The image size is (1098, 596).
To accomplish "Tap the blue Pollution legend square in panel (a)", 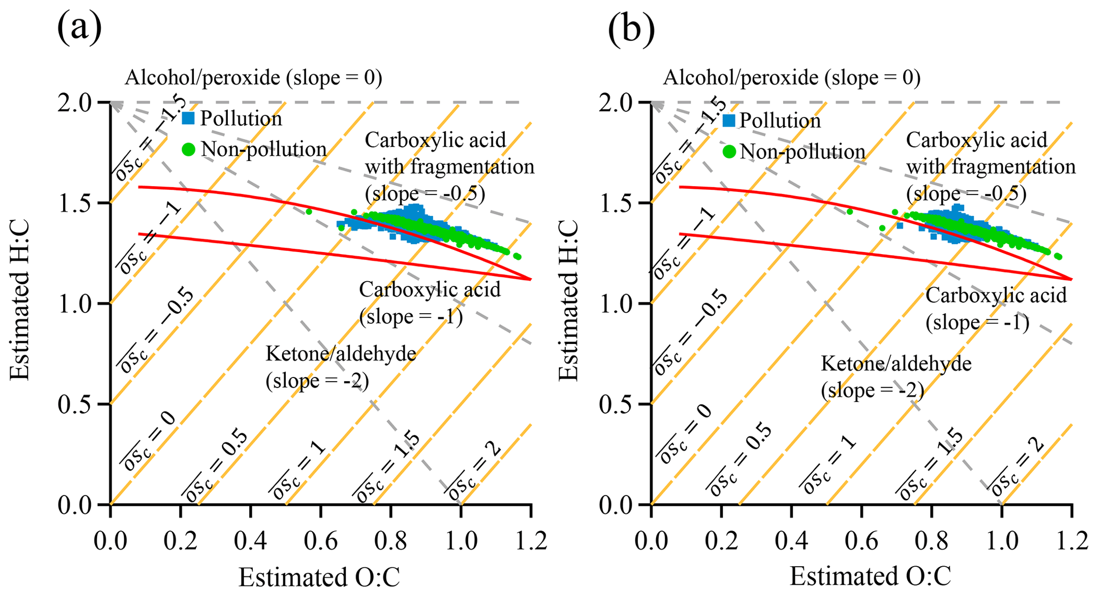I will tap(188, 118).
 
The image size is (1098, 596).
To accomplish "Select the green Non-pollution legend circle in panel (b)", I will tap(729, 152).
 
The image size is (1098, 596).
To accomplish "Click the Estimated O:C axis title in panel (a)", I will tap(319, 577).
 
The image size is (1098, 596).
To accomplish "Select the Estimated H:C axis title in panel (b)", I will tap(569, 300).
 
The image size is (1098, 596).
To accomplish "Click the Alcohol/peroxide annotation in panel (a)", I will tap(253, 78).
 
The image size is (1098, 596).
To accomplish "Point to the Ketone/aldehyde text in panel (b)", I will tap(896, 364).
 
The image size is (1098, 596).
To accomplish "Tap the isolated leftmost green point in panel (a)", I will tap(309, 212).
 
